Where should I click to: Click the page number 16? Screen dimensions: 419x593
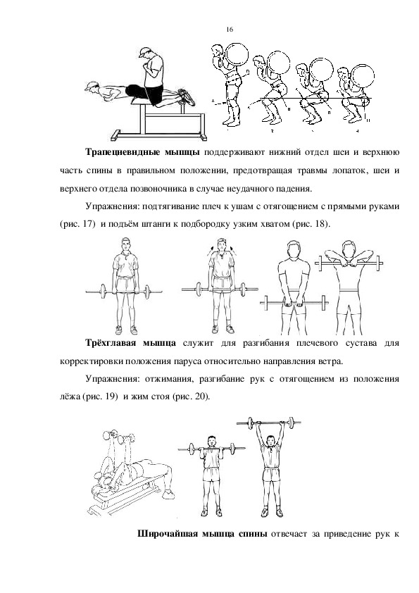(x=230, y=30)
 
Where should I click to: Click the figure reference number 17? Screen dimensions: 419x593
(x=87, y=224)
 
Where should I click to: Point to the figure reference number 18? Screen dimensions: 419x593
(x=319, y=224)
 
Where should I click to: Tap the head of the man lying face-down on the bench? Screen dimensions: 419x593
(x=92, y=87)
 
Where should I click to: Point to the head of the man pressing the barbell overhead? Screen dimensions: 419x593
(x=270, y=441)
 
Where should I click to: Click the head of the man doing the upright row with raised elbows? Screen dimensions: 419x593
(x=349, y=249)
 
